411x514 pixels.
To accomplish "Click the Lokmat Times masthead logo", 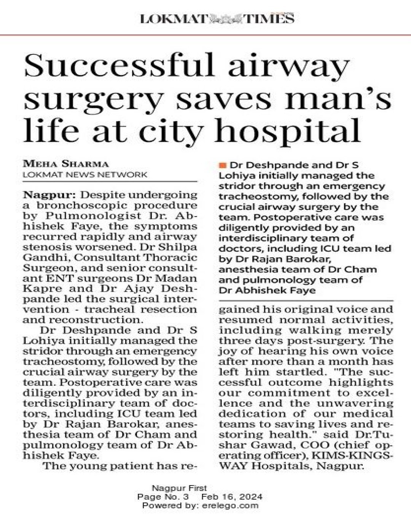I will tap(217, 18).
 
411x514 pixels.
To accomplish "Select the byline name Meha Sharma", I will tap(66, 164).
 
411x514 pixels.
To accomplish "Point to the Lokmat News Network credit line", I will tap(85, 174).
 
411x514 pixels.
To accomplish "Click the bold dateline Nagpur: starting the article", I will tap(49, 195).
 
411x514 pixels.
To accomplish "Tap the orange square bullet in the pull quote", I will tap(223, 165).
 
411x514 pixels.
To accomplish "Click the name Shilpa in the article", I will tap(178, 247).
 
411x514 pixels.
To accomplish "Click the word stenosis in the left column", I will tap(41, 247).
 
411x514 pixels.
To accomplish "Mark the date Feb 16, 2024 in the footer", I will tap(232, 497).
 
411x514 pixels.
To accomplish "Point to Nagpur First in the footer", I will tap(179, 488).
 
